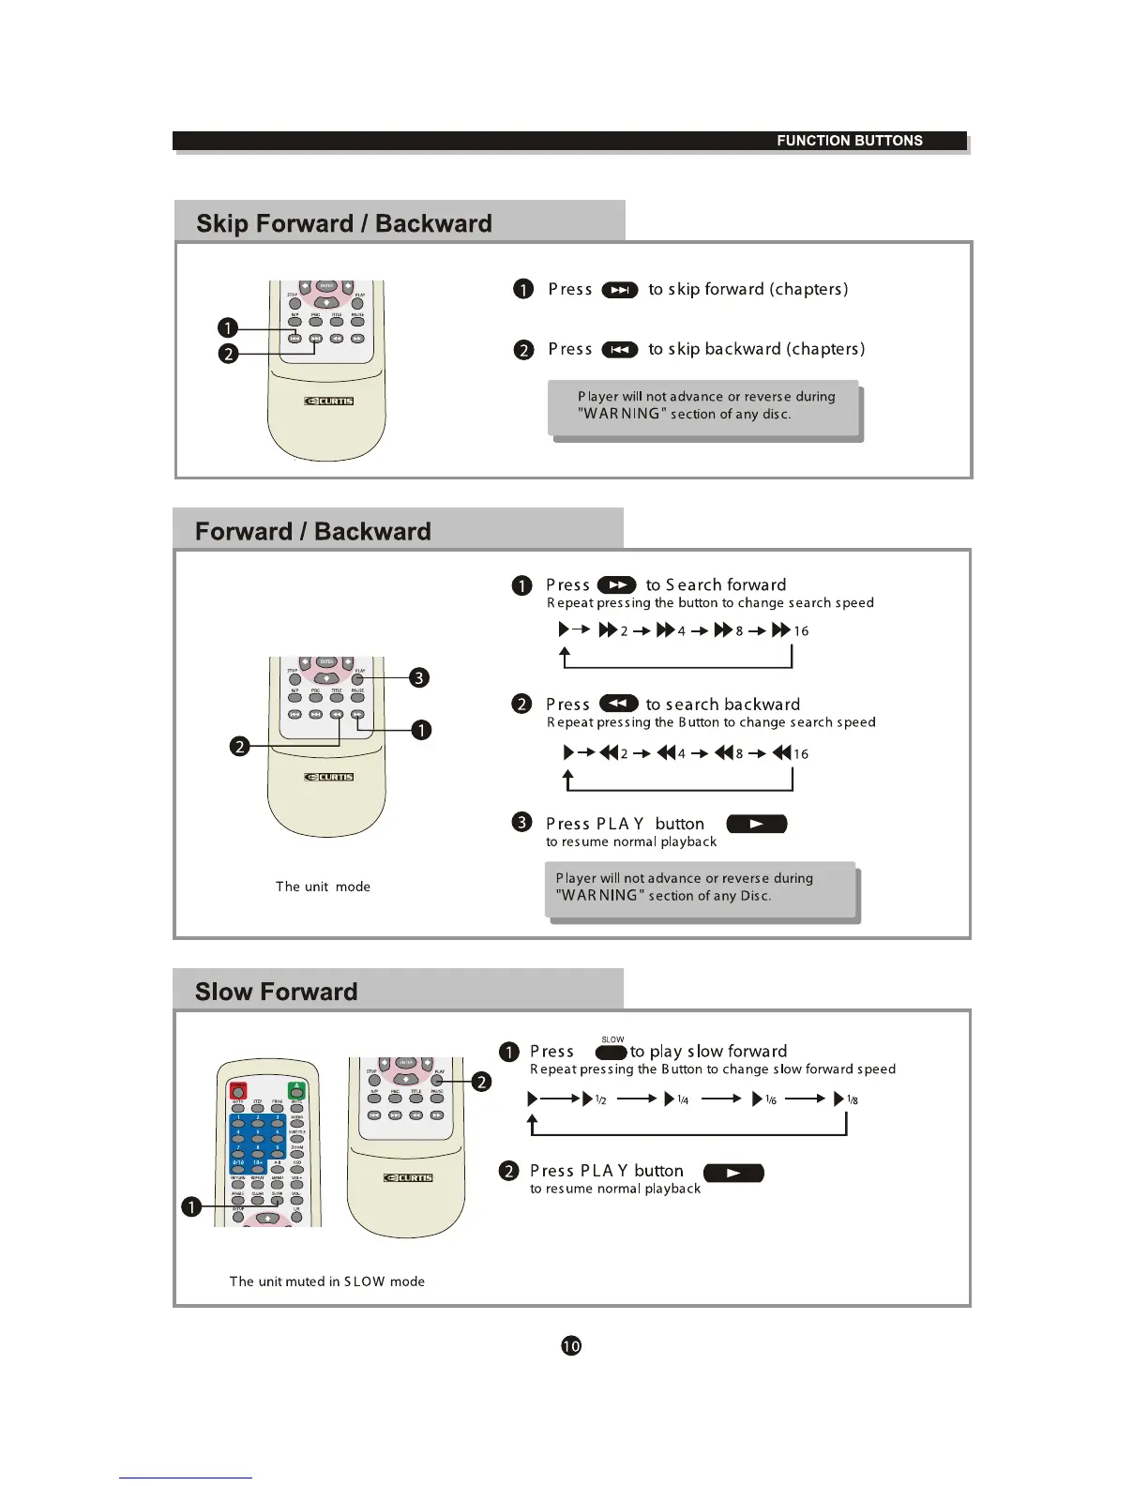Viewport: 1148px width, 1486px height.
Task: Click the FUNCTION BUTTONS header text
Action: [x=849, y=141]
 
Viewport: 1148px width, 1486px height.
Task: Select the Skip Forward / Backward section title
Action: [x=343, y=224]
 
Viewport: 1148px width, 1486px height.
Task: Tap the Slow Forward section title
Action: [x=276, y=993]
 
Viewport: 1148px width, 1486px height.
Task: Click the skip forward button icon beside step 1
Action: [x=619, y=290]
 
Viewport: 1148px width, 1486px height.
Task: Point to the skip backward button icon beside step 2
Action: [x=619, y=350]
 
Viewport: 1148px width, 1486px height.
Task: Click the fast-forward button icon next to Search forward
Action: [x=616, y=585]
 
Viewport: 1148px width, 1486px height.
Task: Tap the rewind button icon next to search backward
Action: [x=618, y=704]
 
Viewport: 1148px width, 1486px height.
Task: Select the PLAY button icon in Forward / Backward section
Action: [x=756, y=825]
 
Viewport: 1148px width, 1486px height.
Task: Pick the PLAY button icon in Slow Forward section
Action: [x=733, y=1173]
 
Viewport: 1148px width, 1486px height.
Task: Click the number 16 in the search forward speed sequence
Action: [x=801, y=631]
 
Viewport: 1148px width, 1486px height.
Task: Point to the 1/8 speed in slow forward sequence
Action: [x=852, y=1099]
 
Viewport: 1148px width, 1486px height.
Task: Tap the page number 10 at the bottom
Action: [x=570, y=1346]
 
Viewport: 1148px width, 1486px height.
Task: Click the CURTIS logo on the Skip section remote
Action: [x=329, y=402]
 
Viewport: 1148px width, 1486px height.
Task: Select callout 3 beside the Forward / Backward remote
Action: [x=419, y=677]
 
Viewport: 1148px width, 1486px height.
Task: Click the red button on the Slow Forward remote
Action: [x=238, y=1090]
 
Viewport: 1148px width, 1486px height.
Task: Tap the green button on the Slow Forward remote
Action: [x=296, y=1090]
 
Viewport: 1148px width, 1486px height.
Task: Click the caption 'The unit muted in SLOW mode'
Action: [x=326, y=1281]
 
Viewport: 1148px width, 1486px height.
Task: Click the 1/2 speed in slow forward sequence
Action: [x=600, y=1099]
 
